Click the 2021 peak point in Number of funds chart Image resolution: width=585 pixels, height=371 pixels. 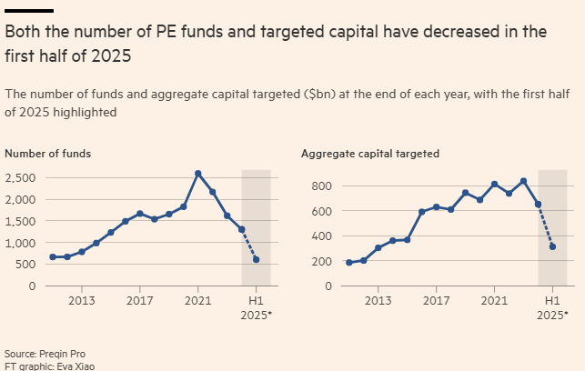198,174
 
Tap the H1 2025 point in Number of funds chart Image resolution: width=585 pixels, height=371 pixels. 257,260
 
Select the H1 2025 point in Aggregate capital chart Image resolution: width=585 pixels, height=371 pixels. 552,246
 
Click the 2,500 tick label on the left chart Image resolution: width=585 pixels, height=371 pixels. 21,177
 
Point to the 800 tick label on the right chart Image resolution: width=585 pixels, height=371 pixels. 321,186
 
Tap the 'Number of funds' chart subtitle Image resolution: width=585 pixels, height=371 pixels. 47,154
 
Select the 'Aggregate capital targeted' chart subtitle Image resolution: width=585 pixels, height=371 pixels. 370,154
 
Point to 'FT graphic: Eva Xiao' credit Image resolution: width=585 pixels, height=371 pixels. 49,366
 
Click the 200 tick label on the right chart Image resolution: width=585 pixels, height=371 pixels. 321,261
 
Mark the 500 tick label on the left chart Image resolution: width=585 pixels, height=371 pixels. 25,265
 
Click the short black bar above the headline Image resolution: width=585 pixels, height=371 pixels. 29,11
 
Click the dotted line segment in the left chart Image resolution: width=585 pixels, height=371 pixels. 249,245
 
